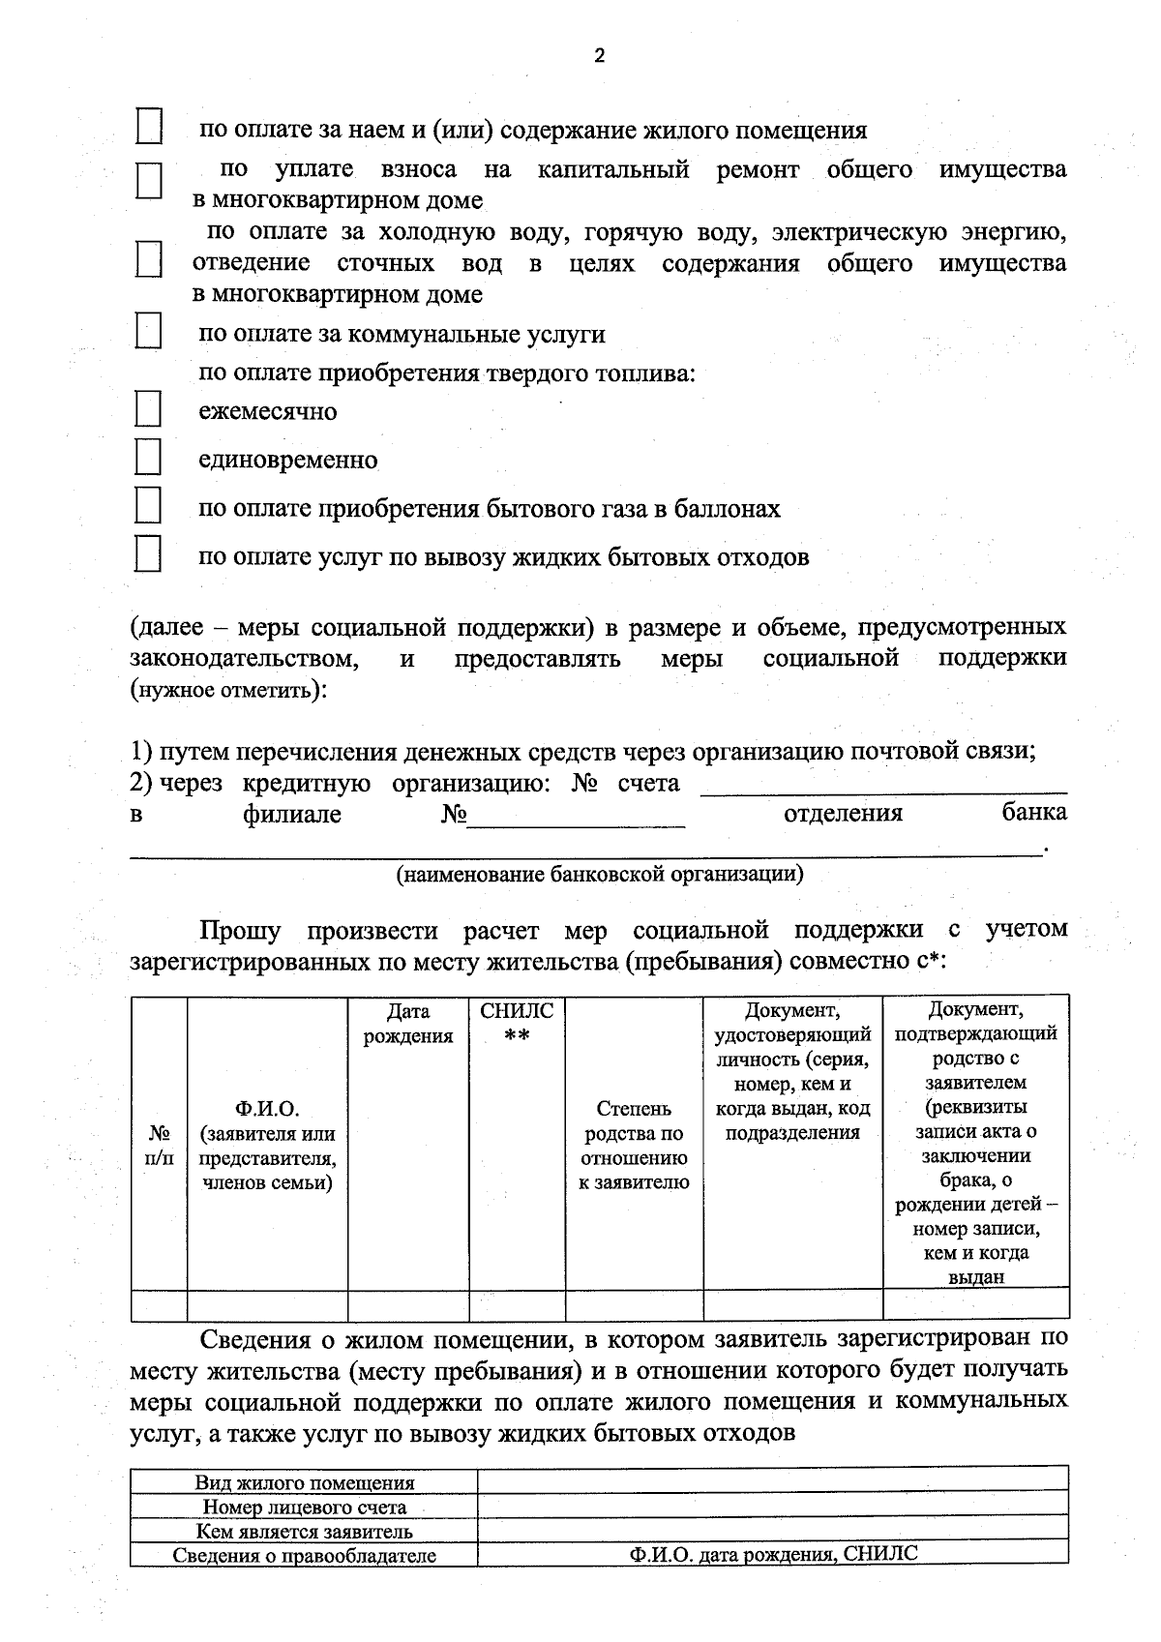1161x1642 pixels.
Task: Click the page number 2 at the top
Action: point(599,56)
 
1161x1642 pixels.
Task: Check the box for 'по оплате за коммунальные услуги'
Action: point(148,331)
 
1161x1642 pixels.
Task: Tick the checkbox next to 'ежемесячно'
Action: point(148,409)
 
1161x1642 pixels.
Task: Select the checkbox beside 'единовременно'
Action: point(148,457)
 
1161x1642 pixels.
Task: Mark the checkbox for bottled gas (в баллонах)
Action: point(148,506)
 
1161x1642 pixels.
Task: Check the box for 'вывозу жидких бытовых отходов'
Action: point(148,554)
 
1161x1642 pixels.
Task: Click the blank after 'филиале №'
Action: point(576,819)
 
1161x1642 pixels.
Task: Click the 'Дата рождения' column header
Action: point(408,1024)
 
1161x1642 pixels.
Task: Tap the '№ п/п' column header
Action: point(160,1145)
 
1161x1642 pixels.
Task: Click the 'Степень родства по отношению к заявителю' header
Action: point(634,1145)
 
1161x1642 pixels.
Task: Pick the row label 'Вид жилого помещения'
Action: point(305,1482)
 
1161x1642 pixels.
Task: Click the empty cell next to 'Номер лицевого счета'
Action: point(772,1507)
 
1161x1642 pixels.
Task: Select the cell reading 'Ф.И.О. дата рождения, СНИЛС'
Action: point(772,1555)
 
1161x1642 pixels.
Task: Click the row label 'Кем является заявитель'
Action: point(305,1531)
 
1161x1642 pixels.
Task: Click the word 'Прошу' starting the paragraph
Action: point(240,931)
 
